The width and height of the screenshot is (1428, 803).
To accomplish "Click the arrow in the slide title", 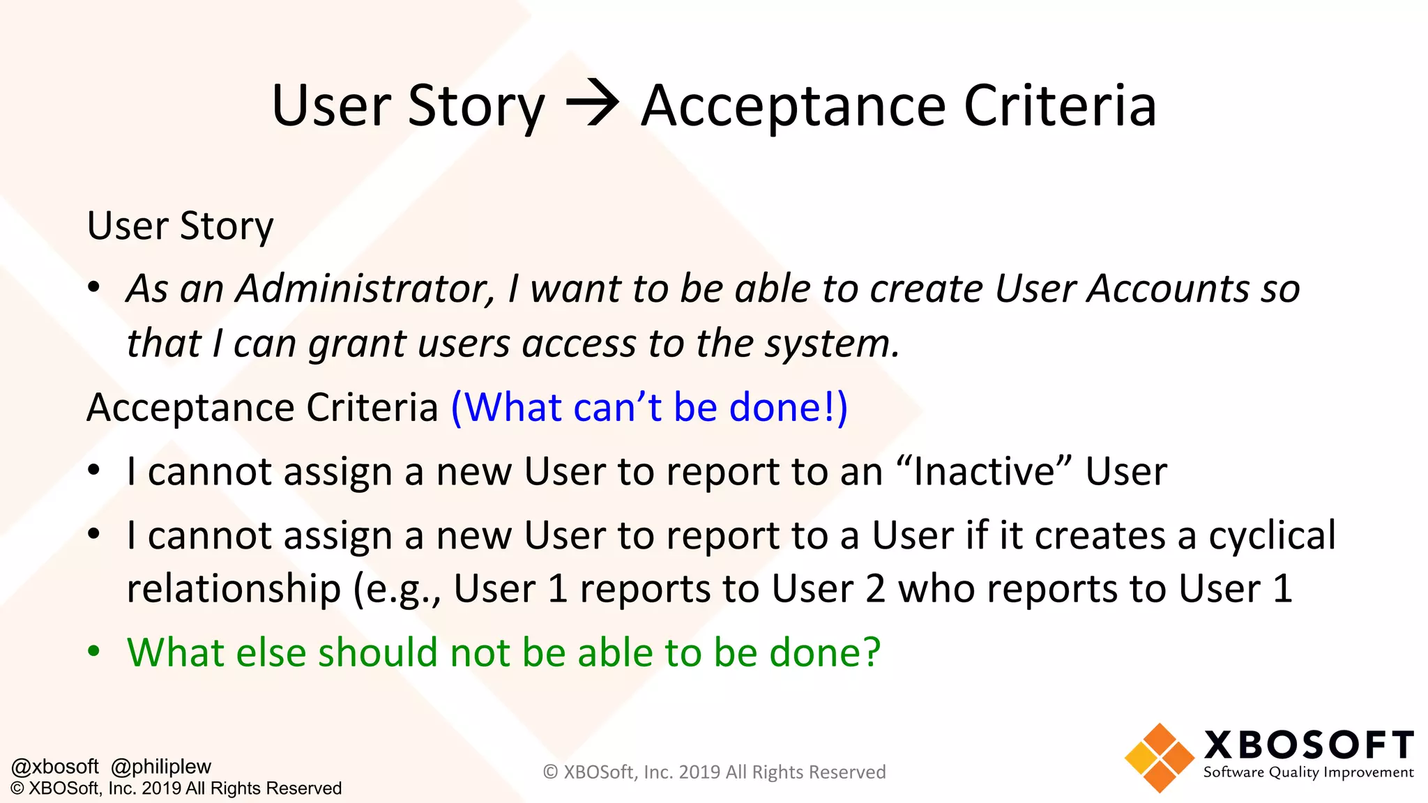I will point(592,105).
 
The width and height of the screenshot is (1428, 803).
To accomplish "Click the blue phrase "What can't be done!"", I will point(649,407).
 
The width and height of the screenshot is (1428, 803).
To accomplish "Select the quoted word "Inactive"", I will point(984,471).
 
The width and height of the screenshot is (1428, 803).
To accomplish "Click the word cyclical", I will point(1272,535).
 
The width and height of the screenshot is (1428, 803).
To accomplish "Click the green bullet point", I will point(93,652).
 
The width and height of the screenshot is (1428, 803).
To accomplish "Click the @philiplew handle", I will point(161,766).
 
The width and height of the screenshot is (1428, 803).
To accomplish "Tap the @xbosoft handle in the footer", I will point(55,766).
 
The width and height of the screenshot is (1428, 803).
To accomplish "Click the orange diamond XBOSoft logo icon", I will point(1159,758).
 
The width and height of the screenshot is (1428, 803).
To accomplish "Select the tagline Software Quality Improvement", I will point(1308,772).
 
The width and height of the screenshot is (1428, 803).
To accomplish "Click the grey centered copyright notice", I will point(714,772).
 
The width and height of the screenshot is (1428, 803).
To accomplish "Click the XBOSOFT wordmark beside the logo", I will point(1308,744).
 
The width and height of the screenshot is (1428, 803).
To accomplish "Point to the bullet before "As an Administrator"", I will point(93,289).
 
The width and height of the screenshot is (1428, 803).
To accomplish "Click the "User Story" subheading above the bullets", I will point(180,226).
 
